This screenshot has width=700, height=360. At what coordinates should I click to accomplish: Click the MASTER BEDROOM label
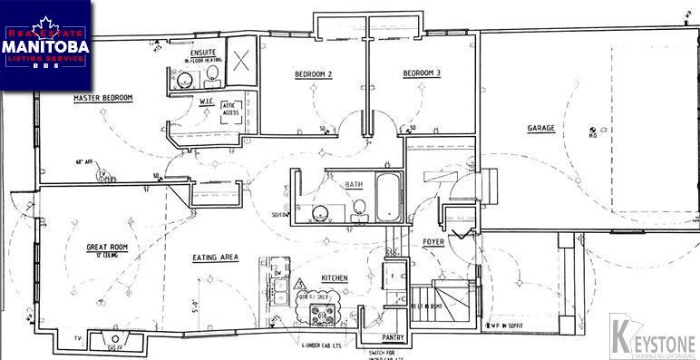[104, 97]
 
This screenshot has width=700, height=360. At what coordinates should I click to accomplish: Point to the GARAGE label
[541, 128]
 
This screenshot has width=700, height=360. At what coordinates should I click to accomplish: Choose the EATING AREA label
[215, 258]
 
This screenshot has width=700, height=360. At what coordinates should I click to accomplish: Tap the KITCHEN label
[322, 277]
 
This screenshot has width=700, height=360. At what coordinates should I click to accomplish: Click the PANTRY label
[376, 336]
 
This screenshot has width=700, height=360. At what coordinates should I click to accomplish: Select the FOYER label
[433, 241]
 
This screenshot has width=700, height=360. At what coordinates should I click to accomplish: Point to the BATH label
[353, 184]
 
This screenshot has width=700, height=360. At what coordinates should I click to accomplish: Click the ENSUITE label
[204, 53]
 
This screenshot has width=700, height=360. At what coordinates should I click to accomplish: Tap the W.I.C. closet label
[206, 101]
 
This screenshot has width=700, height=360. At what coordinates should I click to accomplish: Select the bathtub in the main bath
[388, 196]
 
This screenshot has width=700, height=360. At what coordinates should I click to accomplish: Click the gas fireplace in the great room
[115, 343]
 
